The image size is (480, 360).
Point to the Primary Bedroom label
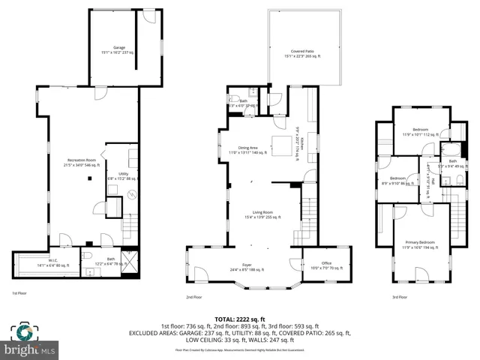tap(420, 244)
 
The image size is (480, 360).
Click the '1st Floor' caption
tap(20, 293)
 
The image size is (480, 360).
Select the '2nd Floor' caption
tap(193, 297)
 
